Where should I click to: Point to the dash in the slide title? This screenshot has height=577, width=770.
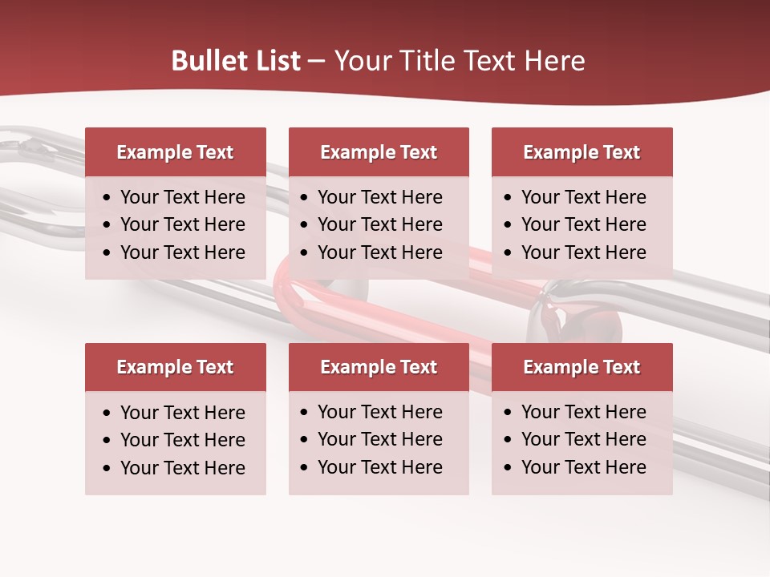317,62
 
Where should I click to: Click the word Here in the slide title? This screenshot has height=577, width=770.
554,61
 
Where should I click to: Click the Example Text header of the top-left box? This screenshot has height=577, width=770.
175,152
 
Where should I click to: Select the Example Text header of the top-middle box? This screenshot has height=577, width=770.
379,152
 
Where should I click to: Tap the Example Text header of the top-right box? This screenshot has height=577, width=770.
582,152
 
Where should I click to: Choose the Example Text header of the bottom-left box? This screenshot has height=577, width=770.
175,367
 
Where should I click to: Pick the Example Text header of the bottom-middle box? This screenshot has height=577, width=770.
379,367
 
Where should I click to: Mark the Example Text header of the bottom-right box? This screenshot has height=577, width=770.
582,367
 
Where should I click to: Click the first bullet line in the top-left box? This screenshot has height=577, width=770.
182,197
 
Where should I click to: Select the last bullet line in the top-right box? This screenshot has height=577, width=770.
583,252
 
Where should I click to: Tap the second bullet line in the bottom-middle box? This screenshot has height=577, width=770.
379,439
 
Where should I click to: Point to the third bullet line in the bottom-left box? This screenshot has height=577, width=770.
182,468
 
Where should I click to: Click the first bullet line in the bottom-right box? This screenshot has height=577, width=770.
583,412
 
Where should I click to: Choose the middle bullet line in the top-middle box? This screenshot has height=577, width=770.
379,224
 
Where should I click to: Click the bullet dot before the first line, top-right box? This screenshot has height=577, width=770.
508,198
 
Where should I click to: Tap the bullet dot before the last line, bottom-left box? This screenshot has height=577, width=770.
107,469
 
